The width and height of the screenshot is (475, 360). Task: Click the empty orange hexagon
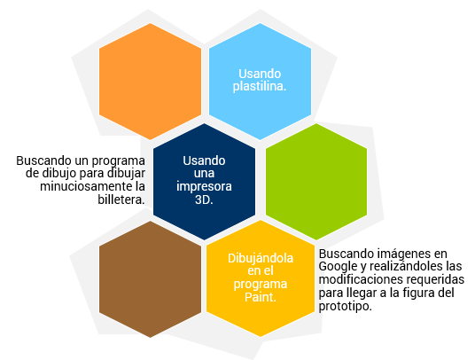coord(151,82)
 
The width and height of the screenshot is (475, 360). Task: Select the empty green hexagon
coord(316,182)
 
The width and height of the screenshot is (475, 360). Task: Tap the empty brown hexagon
coord(151,279)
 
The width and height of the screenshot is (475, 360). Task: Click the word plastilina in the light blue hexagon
coord(260,87)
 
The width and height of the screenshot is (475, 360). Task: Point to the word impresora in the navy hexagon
coord(204,186)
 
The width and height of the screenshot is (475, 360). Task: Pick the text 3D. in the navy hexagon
coord(204,200)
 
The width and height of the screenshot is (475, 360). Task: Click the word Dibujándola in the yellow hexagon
coord(261,258)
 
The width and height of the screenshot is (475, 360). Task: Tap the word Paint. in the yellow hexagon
coord(261,297)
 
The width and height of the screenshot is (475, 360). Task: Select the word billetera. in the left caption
coord(121,200)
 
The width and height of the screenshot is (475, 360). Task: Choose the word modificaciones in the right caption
coord(355,279)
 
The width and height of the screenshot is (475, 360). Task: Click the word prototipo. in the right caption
coord(346,307)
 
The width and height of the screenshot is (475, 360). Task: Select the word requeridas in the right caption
coord(430,279)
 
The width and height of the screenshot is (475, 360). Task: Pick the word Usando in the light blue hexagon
coord(260,74)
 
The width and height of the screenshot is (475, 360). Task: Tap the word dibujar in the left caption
coord(129,174)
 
